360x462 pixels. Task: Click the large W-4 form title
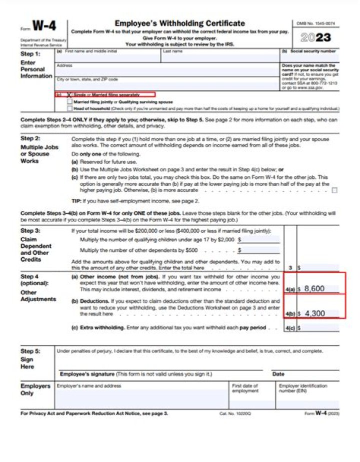[x=44, y=26]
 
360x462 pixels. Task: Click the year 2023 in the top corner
[x=315, y=38]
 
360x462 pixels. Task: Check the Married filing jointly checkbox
[x=69, y=101]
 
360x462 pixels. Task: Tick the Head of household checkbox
[x=69, y=108]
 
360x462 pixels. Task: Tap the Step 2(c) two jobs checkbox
[x=334, y=190]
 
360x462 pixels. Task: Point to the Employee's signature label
[x=135, y=374]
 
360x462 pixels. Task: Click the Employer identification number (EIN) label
[x=303, y=388]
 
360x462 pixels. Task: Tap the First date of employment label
[x=245, y=388]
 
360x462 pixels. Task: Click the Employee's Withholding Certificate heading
[x=179, y=23]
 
